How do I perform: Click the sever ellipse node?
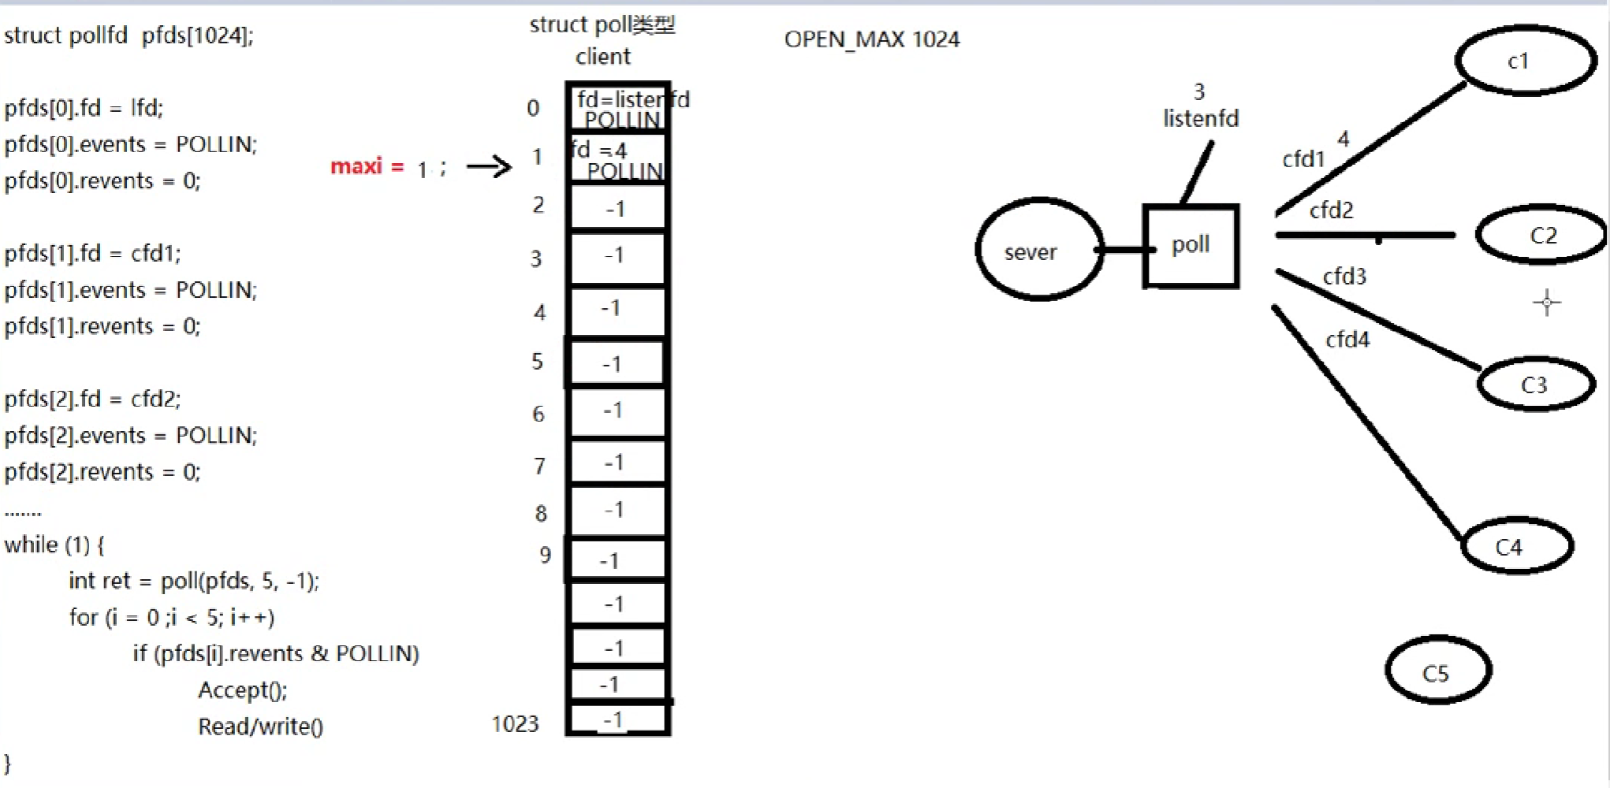click(1038, 250)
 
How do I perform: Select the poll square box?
click(1191, 246)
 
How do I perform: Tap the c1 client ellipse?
click(1525, 61)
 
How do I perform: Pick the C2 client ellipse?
click(1541, 235)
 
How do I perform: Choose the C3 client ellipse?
click(1534, 385)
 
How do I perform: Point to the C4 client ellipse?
click(1516, 546)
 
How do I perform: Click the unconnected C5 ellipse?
click(1437, 671)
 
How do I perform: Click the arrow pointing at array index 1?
click(489, 166)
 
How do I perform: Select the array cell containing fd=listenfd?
click(617, 108)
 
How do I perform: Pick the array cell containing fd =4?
click(617, 159)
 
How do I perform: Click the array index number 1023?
click(515, 723)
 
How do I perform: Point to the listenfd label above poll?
click(1201, 118)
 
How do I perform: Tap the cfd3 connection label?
click(1344, 277)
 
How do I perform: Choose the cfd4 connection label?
click(1347, 340)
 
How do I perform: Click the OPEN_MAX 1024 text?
click(871, 39)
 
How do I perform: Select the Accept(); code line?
click(243, 690)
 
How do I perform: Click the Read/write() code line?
click(260, 727)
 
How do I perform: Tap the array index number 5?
click(538, 362)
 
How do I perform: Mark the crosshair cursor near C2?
click(1546, 303)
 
